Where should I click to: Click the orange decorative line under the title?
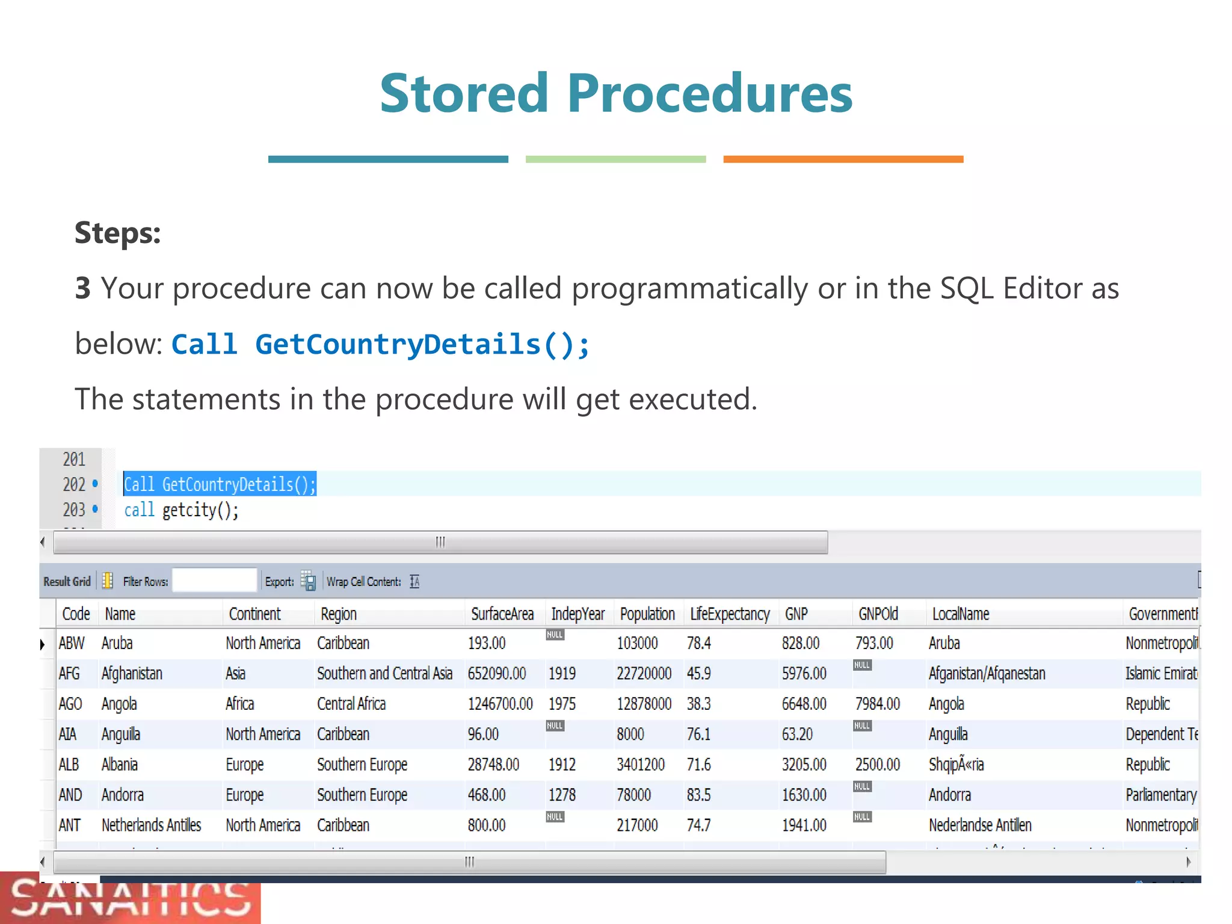click(843, 159)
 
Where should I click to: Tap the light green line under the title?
click(615, 159)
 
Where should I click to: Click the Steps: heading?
click(118, 233)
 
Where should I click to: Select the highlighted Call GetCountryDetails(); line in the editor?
click(220, 484)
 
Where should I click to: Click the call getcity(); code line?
click(181, 510)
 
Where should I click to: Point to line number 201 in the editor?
click(74, 460)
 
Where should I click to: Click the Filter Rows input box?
click(214, 581)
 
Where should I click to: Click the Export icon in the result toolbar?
click(308, 581)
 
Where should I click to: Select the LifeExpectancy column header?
click(730, 614)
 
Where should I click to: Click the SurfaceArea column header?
click(502, 614)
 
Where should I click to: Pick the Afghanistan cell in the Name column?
click(132, 674)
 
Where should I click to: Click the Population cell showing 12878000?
click(644, 704)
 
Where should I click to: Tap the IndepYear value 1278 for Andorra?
click(562, 795)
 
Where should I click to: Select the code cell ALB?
click(69, 765)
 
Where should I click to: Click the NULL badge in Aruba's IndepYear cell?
click(555, 635)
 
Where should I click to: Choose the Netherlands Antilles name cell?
click(151, 825)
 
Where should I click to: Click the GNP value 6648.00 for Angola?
click(804, 704)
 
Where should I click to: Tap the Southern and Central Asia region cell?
click(384, 674)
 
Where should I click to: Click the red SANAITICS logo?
click(130, 899)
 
